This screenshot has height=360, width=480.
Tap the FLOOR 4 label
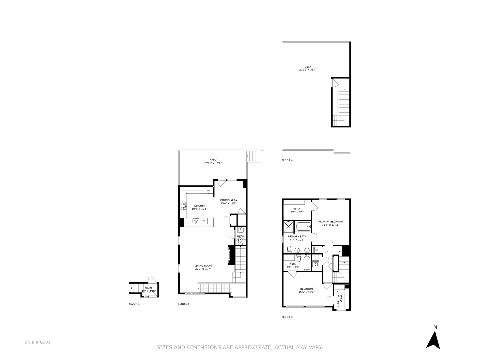click(x=287, y=160)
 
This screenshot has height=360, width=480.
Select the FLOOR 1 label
click(x=134, y=304)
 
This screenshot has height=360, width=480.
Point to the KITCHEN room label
click(x=200, y=206)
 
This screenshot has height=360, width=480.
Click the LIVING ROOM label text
click(x=203, y=266)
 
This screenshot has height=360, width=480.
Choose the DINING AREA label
click(x=228, y=200)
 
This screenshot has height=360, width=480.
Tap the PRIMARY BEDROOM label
click(x=330, y=222)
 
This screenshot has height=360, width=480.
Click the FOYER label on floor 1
click(x=148, y=288)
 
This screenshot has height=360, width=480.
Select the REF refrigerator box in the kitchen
click(x=209, y=190)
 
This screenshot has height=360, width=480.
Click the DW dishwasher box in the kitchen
click(x=204, y=221)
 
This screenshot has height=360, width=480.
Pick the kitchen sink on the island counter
click(x=196, y=221)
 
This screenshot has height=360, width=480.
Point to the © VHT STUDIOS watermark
click(x=37, y=342)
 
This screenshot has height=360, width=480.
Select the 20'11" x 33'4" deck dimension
click(x=307, y=70)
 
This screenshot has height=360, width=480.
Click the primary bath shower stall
click(x=288, y=227)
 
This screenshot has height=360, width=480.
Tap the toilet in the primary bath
click(x=289, y=249)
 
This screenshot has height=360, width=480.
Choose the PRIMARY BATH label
click(x=297, y=236)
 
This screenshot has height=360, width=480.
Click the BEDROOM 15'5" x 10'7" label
click(x=306, y=290)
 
